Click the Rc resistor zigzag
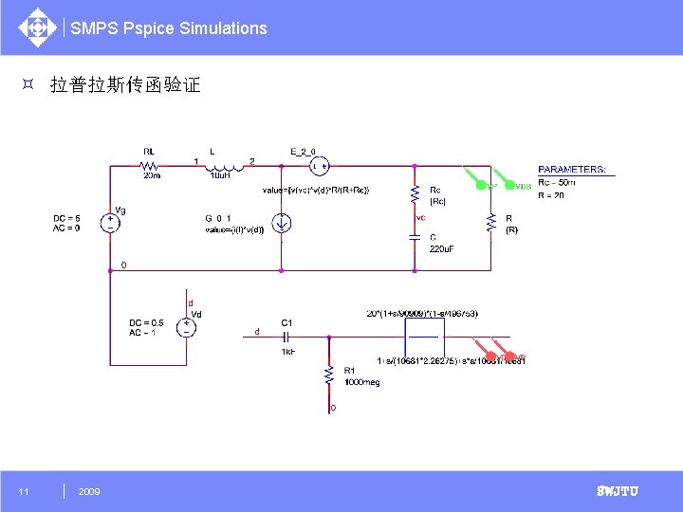(x=415, y=193)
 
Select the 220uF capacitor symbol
(x=415, y=237)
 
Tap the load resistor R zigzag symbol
(x=490, y=223)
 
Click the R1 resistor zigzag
(x=328, y=376)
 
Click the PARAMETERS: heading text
(x=571, y=170)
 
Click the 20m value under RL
(x=152, y=175)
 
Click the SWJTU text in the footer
(x=617, y=491)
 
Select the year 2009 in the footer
(x=89, y=491)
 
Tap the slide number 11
(x=24, y=491)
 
